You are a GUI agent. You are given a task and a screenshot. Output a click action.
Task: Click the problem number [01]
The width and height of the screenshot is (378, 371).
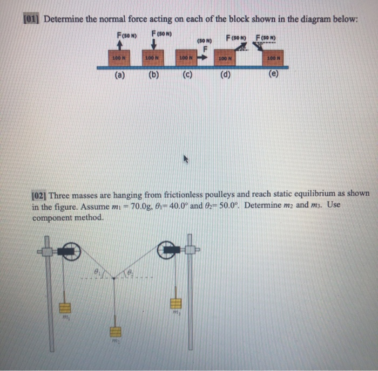32,19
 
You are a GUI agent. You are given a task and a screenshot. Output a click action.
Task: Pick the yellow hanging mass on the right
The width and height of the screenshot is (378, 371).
175,305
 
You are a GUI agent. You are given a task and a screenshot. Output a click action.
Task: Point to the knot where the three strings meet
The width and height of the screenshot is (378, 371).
115,278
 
